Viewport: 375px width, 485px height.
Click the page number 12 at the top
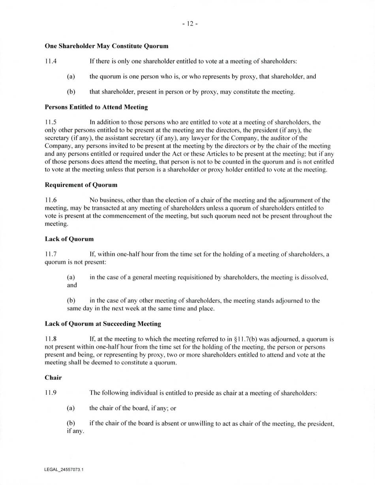click(190, 24)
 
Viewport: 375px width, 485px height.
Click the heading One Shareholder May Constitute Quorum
click(107, 46)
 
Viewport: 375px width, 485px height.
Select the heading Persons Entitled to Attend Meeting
click(96, 107)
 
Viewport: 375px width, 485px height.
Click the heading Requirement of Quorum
click(81, 185)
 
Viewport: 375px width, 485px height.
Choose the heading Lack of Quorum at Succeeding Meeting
click(103, 324)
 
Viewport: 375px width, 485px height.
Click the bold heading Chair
click(53, 378)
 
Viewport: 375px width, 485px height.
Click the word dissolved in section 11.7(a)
click(314, 278)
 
